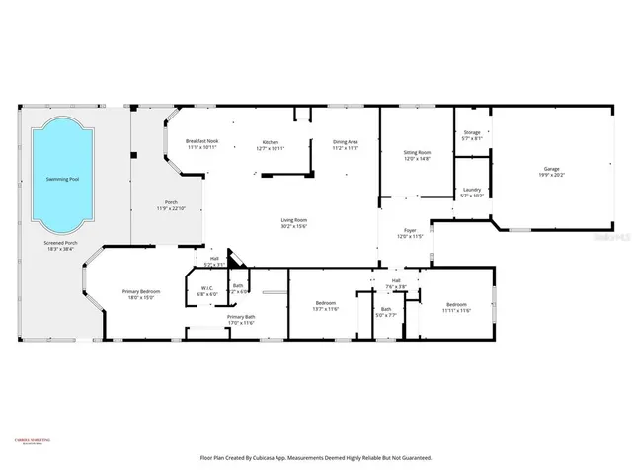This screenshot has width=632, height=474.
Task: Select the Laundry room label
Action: (471, 193)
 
